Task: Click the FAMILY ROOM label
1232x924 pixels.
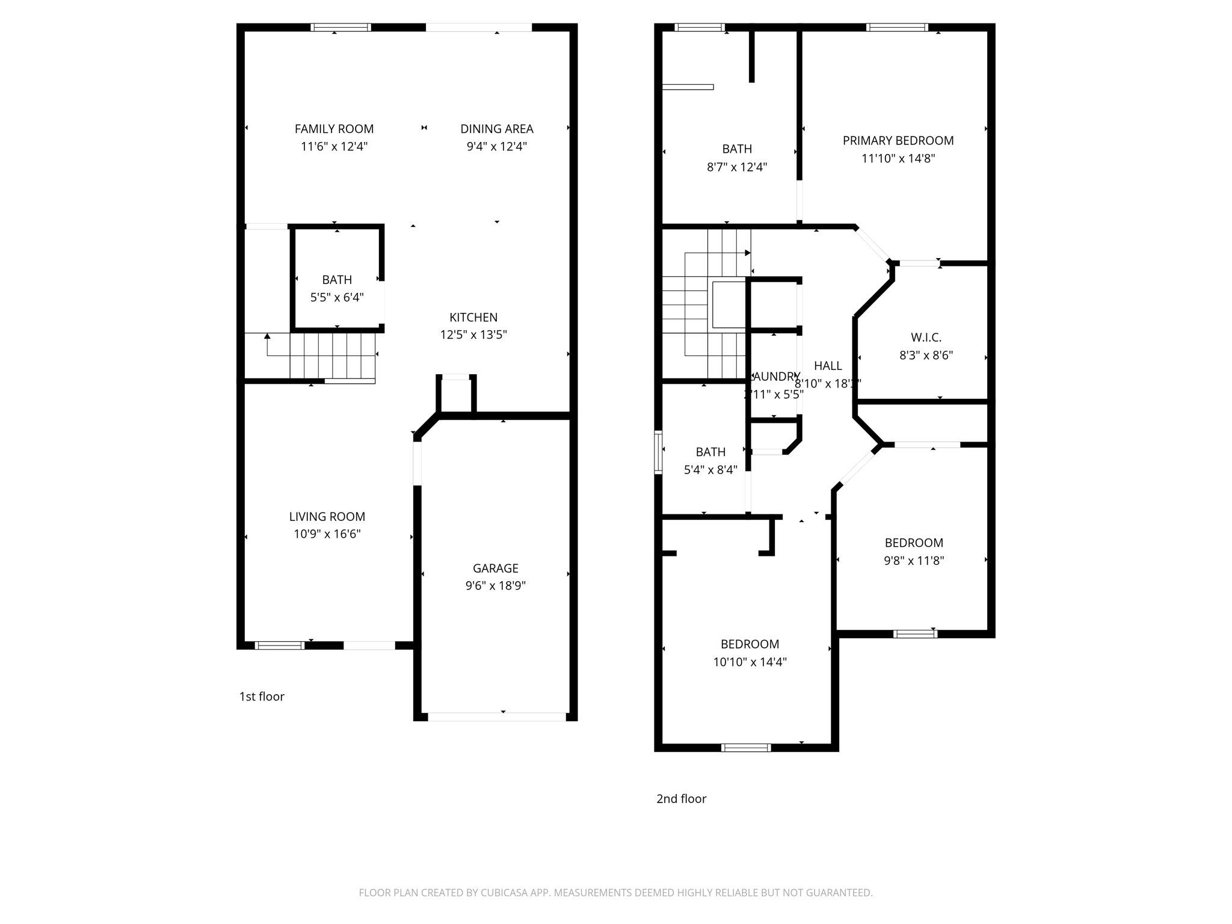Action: pyautogui.click(x=334, y=129)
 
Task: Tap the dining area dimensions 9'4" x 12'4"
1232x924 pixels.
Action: pyautogui.click(x=496, y=146)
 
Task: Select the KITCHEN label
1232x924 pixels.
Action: pyautogui.click(x=473, y=317)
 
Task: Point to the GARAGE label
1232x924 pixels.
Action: pyautogui.click(x=495, y=568)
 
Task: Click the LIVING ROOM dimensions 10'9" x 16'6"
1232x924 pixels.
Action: pyautogui.click(x=327, y=534)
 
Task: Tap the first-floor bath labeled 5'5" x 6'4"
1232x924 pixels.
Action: pyautogui.click(x=336, y=288)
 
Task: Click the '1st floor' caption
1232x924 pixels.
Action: pyautogui.click(x=262, y=696)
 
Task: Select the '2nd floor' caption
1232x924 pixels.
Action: pyautogui.click(x=681, y=798)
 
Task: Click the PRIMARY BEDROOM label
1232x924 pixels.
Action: pyautogui.click(x=898, y=140)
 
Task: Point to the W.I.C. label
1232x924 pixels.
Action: pyautogui.click(x=926, y=337)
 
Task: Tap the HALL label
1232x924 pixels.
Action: pyautogui.click(x=828, y=365)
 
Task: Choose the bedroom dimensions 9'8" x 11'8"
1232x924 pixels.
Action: pyautogui.click(x=913, y=561)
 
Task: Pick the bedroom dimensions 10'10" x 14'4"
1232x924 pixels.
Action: pyautogui.click(x=750, y=662)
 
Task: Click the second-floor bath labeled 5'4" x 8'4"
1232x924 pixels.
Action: pyautogui.click(x=710, y=461)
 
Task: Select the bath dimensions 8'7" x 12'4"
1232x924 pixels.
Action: pyautogui.click(x=736, y=167)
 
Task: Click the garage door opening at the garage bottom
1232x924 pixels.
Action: pyautogui.click(x=496, y=716)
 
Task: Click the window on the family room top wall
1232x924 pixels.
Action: pyautogui.click(x=340, y=27)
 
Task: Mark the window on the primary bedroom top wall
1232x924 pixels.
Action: pyautogui.click(x=897, y=27)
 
